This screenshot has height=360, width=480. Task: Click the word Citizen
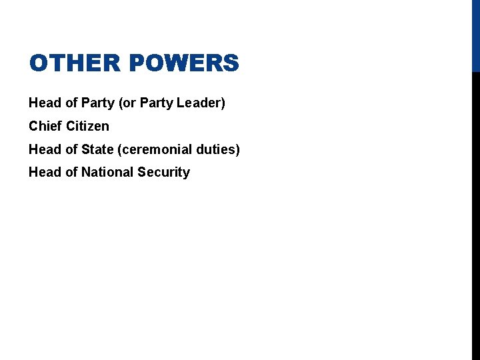click(88, 126)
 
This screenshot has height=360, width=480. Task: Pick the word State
click(97, 149)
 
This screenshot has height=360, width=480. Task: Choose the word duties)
click(216, 149)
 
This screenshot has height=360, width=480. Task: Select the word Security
click(164, 172)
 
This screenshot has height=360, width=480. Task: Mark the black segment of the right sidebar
click(475, 213)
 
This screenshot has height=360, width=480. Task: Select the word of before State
click(71, 149)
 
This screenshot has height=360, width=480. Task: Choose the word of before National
click(71, 172)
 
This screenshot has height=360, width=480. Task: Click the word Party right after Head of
click(97, 103)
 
